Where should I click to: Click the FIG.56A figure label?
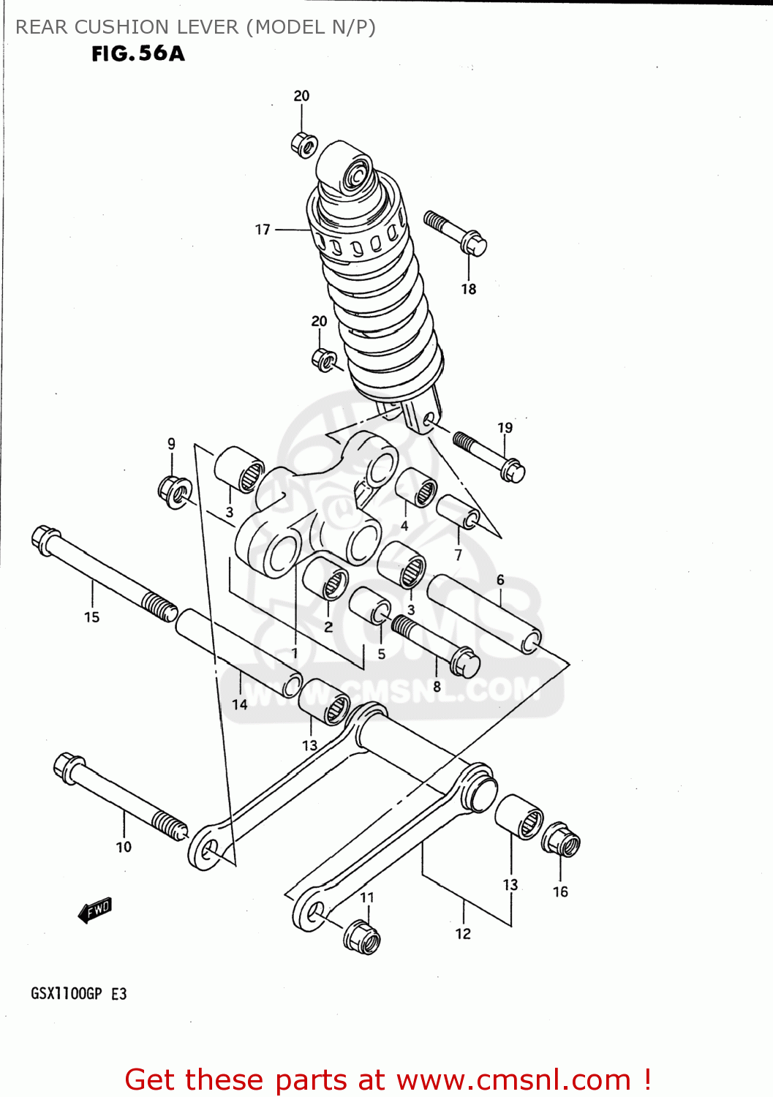(x=138, y=53)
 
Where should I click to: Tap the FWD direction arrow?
(x=95, y=911)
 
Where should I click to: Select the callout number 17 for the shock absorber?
(x=263, y=230)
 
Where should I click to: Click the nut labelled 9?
(x=175, y=491)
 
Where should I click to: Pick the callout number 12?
(x=463, y=934)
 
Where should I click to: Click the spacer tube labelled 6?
(x=484, y=614)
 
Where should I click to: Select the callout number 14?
(x=240, y=705)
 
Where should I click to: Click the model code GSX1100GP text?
(x=66, y=994)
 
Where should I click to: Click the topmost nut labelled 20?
(x=303, y=144)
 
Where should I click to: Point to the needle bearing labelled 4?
(x=417, y=488)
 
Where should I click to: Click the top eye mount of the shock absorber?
(x=356, y=176)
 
